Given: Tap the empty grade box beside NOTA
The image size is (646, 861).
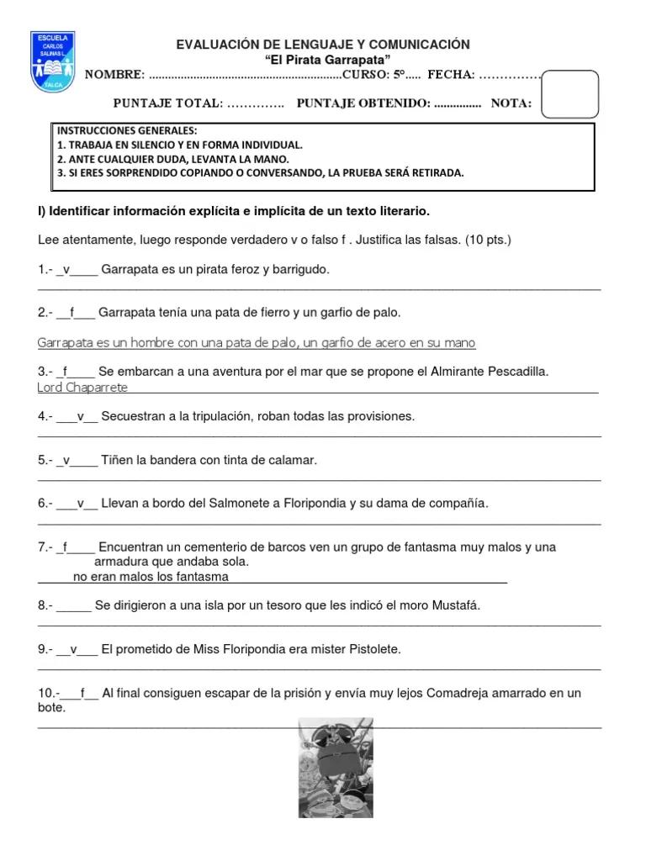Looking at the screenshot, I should coord(570,93).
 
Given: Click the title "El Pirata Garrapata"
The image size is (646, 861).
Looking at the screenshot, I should coord(322,60).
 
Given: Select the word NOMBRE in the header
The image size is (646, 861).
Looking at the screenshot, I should coord(114,75).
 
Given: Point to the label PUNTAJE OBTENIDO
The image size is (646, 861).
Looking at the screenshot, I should coord(363,103).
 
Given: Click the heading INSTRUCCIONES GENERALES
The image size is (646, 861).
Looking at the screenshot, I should coord(127,131).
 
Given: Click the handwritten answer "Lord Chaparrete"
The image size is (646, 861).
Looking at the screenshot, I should coord(83,387).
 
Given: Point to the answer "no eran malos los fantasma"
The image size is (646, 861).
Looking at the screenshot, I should coord(151,576).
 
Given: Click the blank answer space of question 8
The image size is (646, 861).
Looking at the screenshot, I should coord(73,605).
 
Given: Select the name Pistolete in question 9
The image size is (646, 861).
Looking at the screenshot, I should coord(371,649).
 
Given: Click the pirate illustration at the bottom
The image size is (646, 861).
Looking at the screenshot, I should coord(336,768).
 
